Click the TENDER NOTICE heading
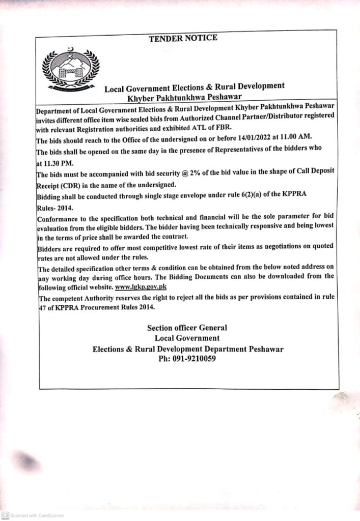[183, 38]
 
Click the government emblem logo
[70, 70]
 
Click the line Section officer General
[187, 328]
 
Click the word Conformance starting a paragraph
[61, 219]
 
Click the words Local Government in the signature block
[187, 338]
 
